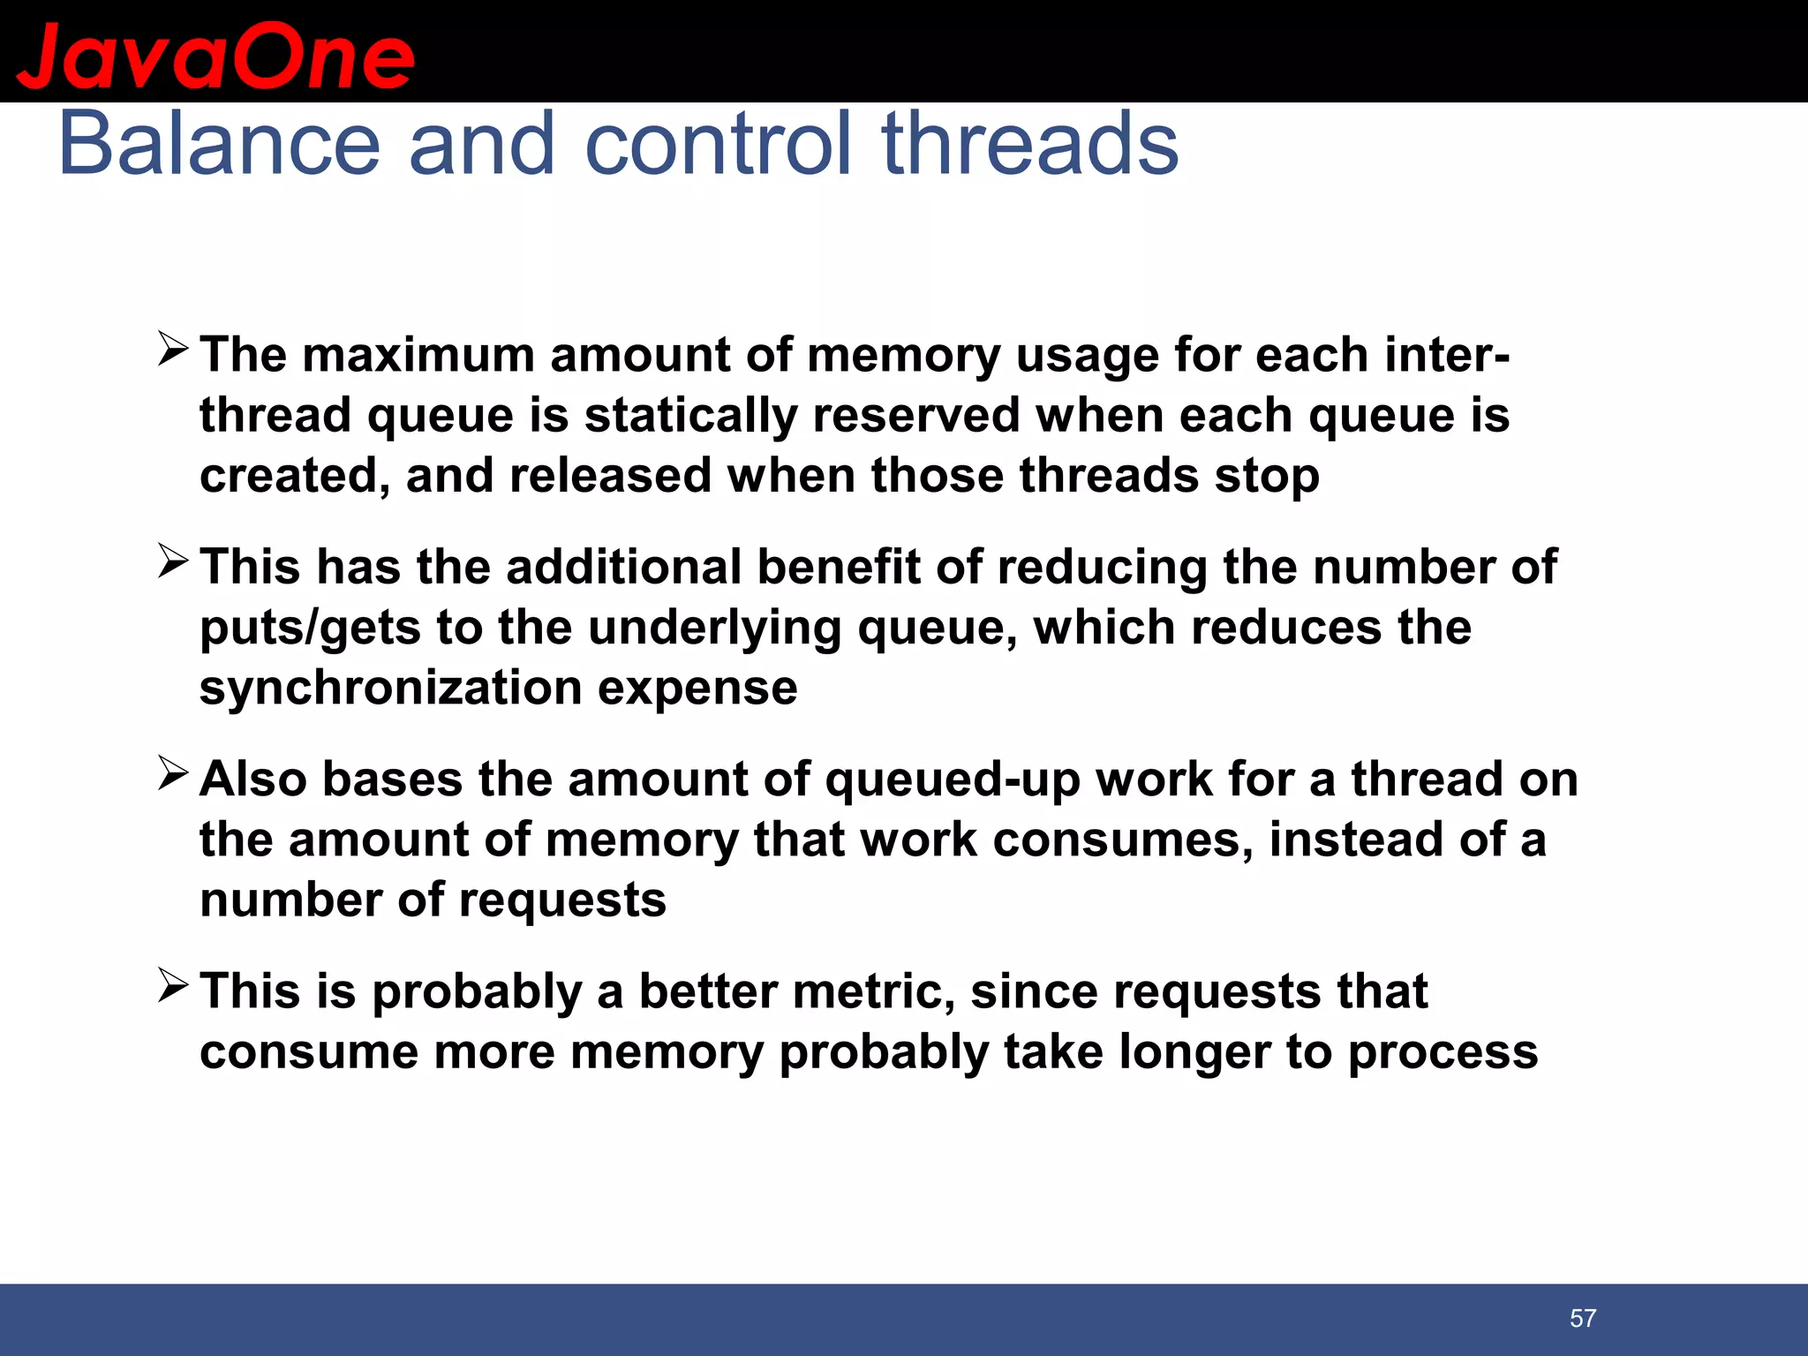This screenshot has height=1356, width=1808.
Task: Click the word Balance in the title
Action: (x=219, y=143)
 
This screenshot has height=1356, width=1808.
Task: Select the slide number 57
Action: (x=1582, y=1318)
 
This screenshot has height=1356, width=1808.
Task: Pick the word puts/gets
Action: (x=310, y=629)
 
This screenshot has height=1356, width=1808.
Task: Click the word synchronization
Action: (x=390, y=688)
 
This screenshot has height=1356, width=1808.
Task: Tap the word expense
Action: (x=697, y=688)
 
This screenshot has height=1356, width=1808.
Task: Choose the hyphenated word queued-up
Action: (x=953, y=780)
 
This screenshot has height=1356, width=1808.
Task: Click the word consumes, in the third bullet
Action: (x=1122, y=840)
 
